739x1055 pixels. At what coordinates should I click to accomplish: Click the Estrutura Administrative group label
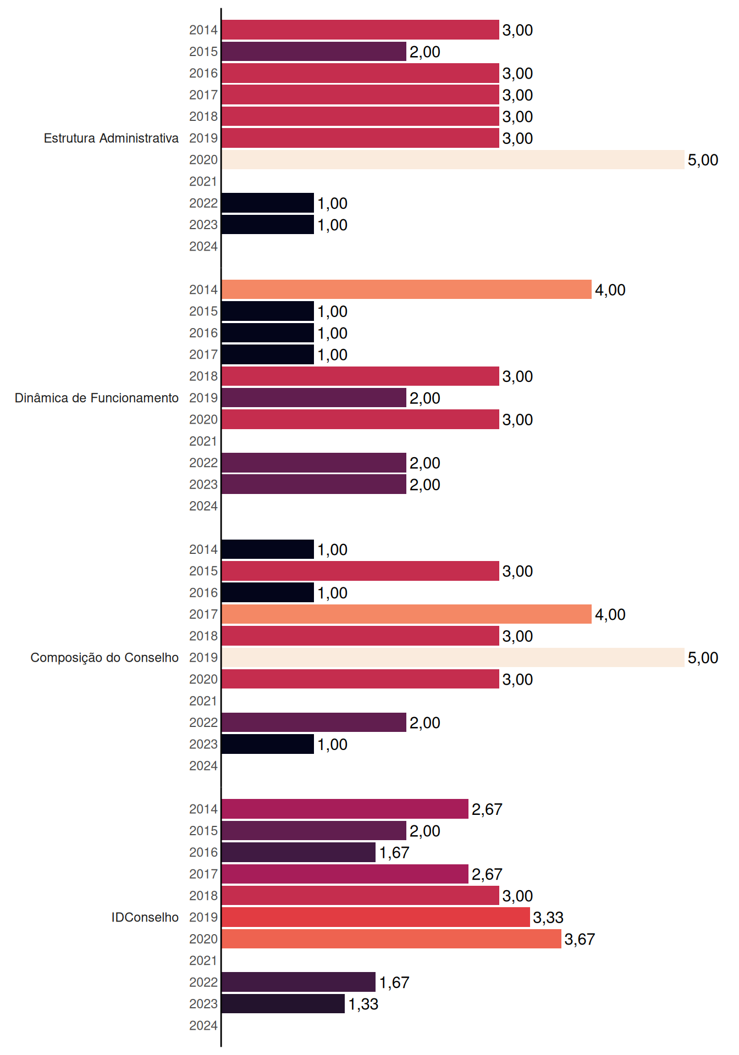[x=111, y=138]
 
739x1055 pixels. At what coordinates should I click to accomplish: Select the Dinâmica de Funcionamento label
[x=97, y=398]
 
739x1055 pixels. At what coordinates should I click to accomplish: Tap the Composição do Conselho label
[x=104, y=658]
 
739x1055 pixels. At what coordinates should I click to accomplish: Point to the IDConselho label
[x=145, y=917]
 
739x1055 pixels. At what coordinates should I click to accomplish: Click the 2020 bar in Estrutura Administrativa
[x=453, y=160]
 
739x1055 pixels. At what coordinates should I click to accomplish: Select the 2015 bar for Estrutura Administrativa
[x=314, y=52]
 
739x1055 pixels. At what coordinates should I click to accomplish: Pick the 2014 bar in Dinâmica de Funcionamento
[x=407, y=290]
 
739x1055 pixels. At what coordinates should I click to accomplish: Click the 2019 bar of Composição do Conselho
[x=453, y=658]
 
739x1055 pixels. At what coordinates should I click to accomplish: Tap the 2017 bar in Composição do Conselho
[x=407, y=614]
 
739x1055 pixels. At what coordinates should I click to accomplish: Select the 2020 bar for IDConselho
[x=391, y=939]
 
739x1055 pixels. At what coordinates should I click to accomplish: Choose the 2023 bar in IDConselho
[x=283, y=1004]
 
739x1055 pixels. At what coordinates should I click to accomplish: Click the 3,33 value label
[x=548, y=918]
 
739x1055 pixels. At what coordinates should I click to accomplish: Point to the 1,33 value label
[x=363, y=1004]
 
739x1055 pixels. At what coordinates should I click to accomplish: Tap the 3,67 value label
[x=580, y=940]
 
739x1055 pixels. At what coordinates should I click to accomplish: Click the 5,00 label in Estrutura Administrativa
[x=703, y=160]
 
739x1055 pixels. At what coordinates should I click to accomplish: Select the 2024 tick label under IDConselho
[x=203, y=1026]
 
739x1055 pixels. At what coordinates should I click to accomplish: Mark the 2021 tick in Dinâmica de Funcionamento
[x=203, y=441]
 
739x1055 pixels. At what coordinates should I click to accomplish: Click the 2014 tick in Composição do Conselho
[x=203, y=549]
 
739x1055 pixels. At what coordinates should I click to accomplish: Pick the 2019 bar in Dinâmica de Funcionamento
[x=314, y=398]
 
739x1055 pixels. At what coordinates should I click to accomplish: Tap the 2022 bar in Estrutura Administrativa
[x=268, y=203]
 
